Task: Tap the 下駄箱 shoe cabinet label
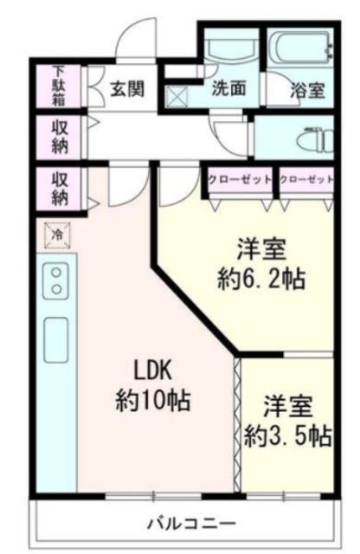[x=58, y=84]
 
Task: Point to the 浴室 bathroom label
[x=306, y=88]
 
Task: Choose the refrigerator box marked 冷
[x=54, y=234]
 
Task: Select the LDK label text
[x=154, y=370]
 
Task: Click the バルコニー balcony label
[x=190, y=523]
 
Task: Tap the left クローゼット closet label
[x=240, y=179]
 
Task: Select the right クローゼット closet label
[x=307, y=179]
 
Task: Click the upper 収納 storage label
[x=58, y=133]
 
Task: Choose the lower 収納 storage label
[x=58, y=188]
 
